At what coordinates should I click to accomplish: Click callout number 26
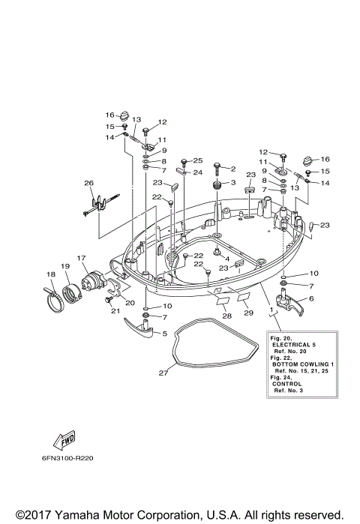(88, 183)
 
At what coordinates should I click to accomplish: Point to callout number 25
(198, 160)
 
